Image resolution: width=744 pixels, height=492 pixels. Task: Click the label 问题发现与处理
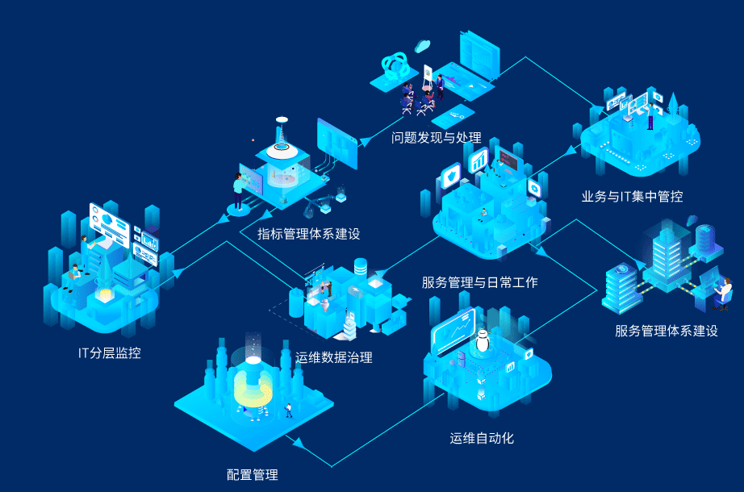[x=436, y=138]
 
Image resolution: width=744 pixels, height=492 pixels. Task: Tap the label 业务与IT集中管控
[x=632, y=196]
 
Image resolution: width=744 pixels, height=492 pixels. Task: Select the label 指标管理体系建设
[x=308, y=234]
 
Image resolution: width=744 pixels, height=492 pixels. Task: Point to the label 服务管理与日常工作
[x=479, y=282]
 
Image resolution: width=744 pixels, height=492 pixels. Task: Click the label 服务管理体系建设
[x=666, y=331]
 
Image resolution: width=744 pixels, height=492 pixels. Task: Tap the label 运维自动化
[x=482, y=439]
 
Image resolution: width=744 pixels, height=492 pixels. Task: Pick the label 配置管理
[x=253, y=474]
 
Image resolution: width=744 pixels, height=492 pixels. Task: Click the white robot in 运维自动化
[x=483, y=341]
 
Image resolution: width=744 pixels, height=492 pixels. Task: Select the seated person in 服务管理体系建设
[x=722, y=293]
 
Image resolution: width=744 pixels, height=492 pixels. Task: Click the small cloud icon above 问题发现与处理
[x=422, y=46]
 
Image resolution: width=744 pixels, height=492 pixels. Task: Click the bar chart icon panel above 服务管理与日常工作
[x=479, y=160]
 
